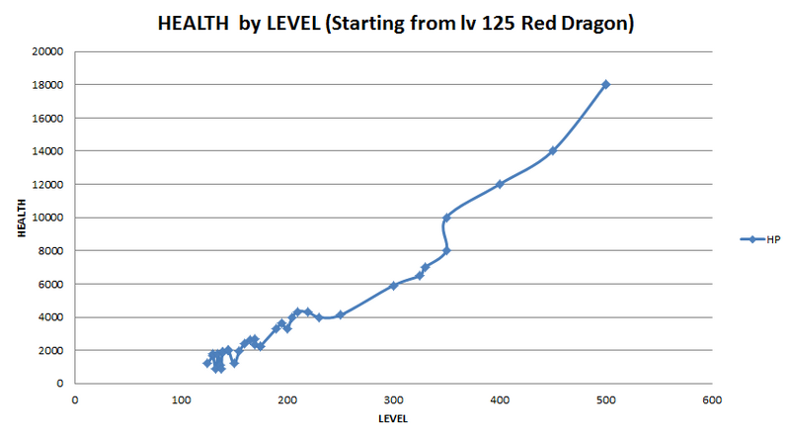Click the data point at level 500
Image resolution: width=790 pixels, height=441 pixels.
coord(605,84)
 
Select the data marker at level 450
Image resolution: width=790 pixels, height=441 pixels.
coord(553,150)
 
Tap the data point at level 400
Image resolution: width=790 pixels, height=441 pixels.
coord(500,184)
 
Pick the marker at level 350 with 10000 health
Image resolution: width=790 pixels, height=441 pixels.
coord(446,218)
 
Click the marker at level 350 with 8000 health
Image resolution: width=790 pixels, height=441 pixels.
coord(446,250)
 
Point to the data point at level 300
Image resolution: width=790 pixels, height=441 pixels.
coord(393,286)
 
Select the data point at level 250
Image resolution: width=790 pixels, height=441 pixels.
coord(340,314)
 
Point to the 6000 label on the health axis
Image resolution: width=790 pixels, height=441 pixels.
coord(52,284)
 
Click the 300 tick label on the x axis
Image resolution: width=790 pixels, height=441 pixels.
coord(393,400)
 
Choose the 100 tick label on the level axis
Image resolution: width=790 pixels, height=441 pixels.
coord(181,400)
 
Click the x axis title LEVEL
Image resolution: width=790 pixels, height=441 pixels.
coord(393,419)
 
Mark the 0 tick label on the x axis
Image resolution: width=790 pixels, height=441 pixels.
coord(75,400)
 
